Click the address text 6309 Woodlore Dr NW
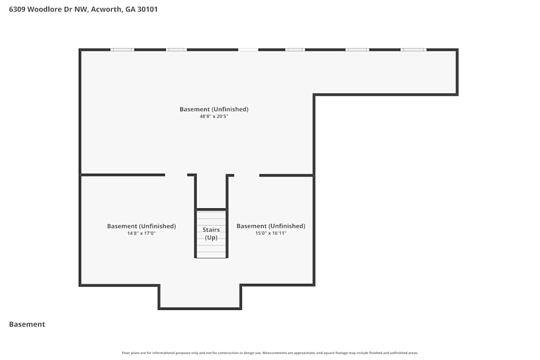point(49,9)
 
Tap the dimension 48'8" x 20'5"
point(214,117)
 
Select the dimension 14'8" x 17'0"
point(141,233)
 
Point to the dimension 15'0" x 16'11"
point(271,233)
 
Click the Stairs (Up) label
point(211,233)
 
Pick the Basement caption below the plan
point(27,324)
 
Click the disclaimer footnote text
point(269,353)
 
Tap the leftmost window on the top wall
point(122,50)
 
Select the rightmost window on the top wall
point(413,50)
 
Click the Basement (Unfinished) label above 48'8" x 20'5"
point(214,109)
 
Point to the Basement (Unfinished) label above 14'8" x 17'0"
point(141,226)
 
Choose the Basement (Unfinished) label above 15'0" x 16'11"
point(271,226)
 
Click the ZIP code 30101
point(147,9)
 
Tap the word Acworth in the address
point(106,9)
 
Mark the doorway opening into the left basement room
point(176,175)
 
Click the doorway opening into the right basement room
point(247,175)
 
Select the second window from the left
point(177,50)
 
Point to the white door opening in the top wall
point(248,50)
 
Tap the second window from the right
point(357,50)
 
